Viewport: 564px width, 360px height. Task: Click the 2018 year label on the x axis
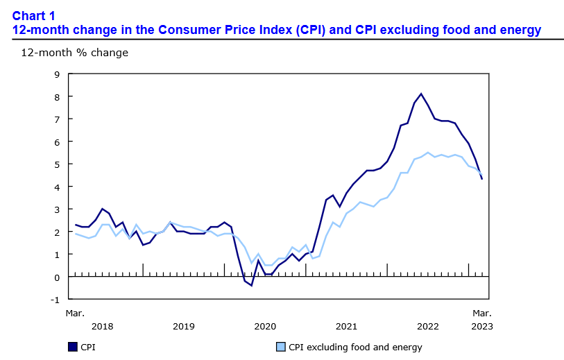102,326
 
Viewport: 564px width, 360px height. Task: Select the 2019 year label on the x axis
183,326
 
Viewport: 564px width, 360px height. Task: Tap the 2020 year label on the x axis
265,326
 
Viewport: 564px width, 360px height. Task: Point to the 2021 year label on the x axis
346,326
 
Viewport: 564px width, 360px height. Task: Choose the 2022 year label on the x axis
427,326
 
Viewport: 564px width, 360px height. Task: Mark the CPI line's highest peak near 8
421,94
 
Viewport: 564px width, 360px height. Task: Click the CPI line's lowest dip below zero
251,285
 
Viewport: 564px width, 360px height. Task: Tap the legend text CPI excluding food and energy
355,347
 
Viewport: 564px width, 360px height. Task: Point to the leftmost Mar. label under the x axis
75,314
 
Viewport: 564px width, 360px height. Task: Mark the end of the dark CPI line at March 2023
482,179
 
